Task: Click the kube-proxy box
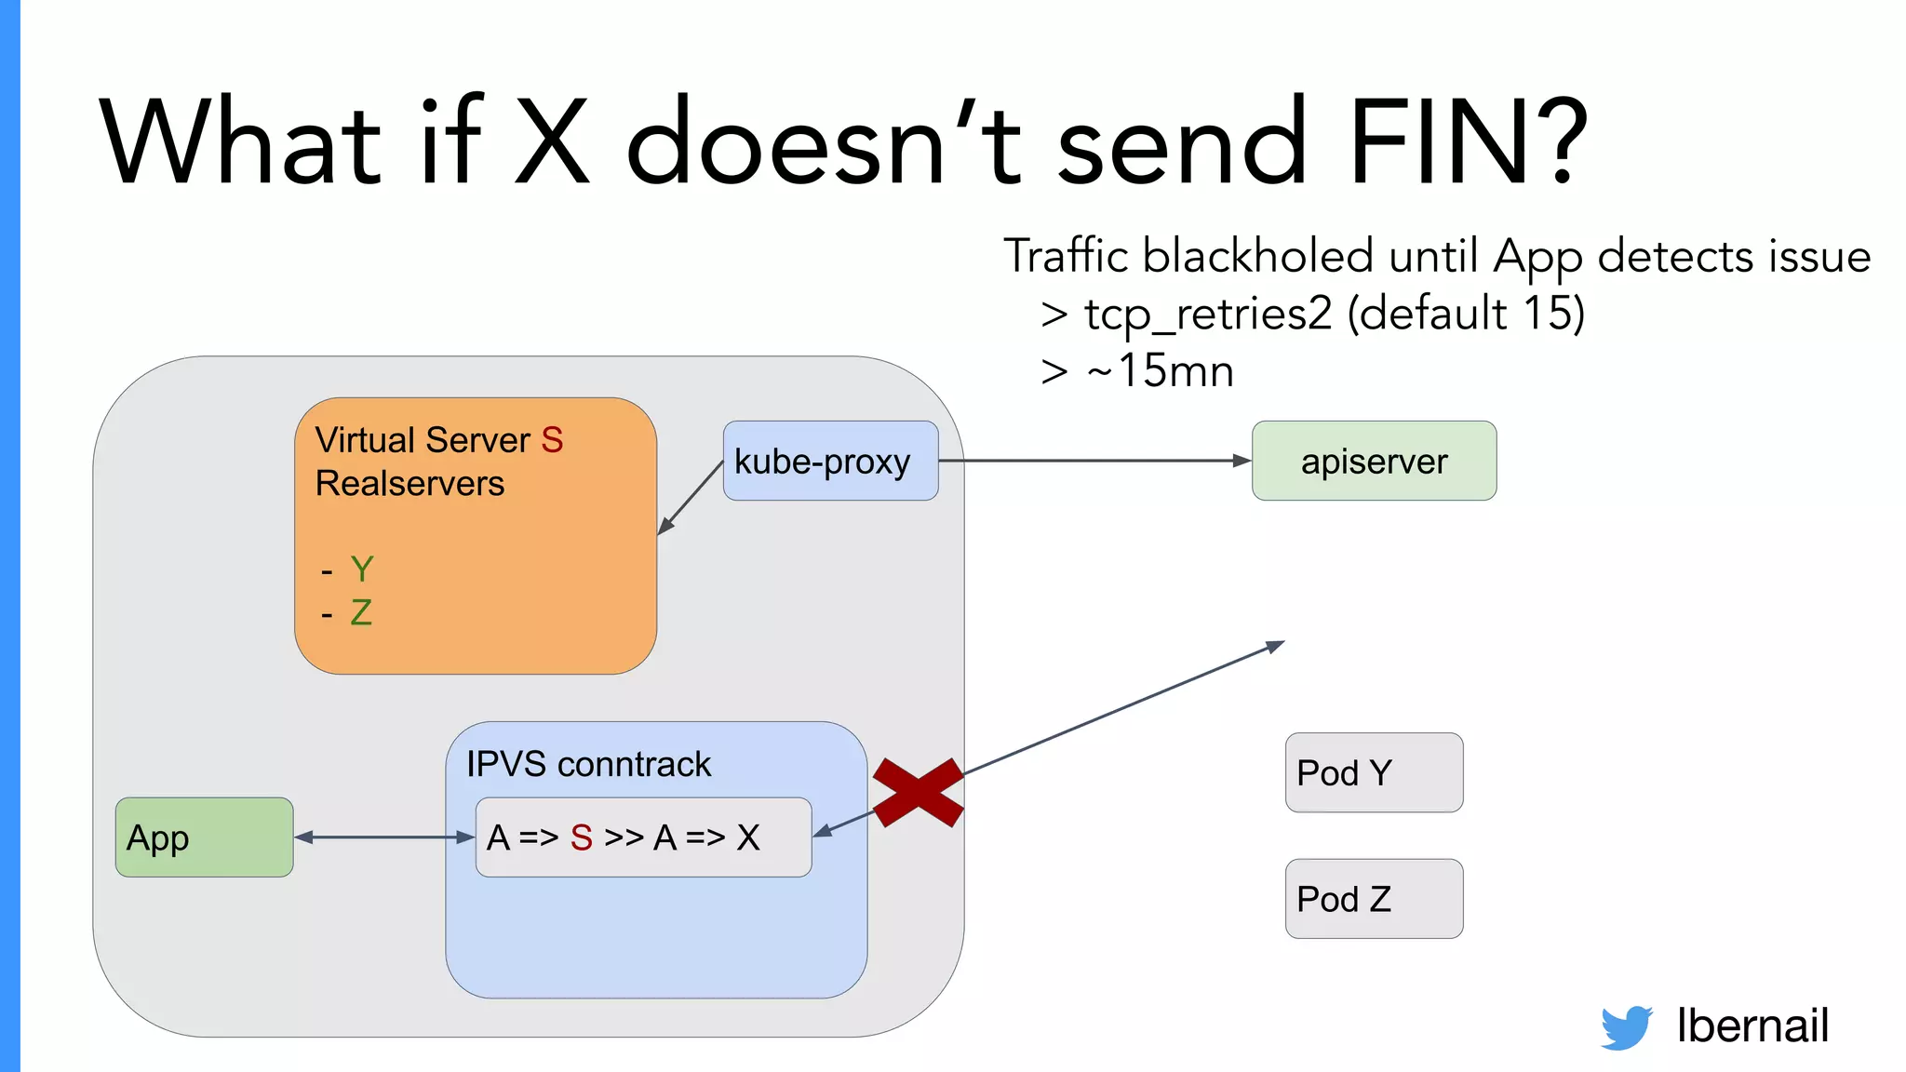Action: click(x=830, y=461)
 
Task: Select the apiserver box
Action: click(x=1374, y=461)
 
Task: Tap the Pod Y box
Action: click(x=1374, y=772)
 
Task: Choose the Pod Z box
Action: click(x=1374, y=898)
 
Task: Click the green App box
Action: click(x=204, y=837)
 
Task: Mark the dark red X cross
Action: click(x=918, y=792)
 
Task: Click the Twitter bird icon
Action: click(x=1626, y=1026)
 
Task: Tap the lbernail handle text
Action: click(x=1752, y=1025)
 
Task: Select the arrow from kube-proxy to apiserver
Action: click(x=1094, y=461)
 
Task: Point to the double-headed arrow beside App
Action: click(x=384, y=837)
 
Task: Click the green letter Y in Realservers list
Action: click(x=362, y=569)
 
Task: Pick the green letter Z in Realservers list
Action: click(x=361, y=612)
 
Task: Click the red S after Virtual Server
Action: click(x=552, y=440)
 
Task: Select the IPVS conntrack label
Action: click(x=588, y=764)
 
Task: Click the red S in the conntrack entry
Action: click(x=582, y=837)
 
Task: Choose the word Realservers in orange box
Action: click(x=409, y=484)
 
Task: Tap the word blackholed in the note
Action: click(x=1257, y=256)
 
